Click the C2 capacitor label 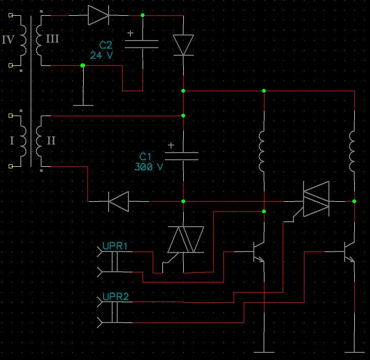(x=106, y=45)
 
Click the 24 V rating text (x=102, y=55)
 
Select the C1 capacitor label (x=145, y=157)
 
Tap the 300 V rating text (x=149, y=167)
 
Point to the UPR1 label (x=115, y=246)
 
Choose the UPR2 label (x=116, y=297)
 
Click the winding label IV (x=8, y=40)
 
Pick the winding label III (x=52, y=39)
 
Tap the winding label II (x=51, y=140)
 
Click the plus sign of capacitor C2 (x=130, y=33)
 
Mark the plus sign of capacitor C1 (x=171, y=145)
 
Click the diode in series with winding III (x=98, y=15)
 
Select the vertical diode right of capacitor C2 (x=183, y=45)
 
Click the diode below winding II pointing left (x=119, y=202)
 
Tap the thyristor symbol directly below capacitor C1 (x=185, y=240)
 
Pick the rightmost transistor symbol (x=350, y=252)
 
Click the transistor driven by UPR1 (x=259, y=252)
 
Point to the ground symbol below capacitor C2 (x=83, y=105)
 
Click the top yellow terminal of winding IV (x=11, y=15)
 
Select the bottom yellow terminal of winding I (x=11, y=166)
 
